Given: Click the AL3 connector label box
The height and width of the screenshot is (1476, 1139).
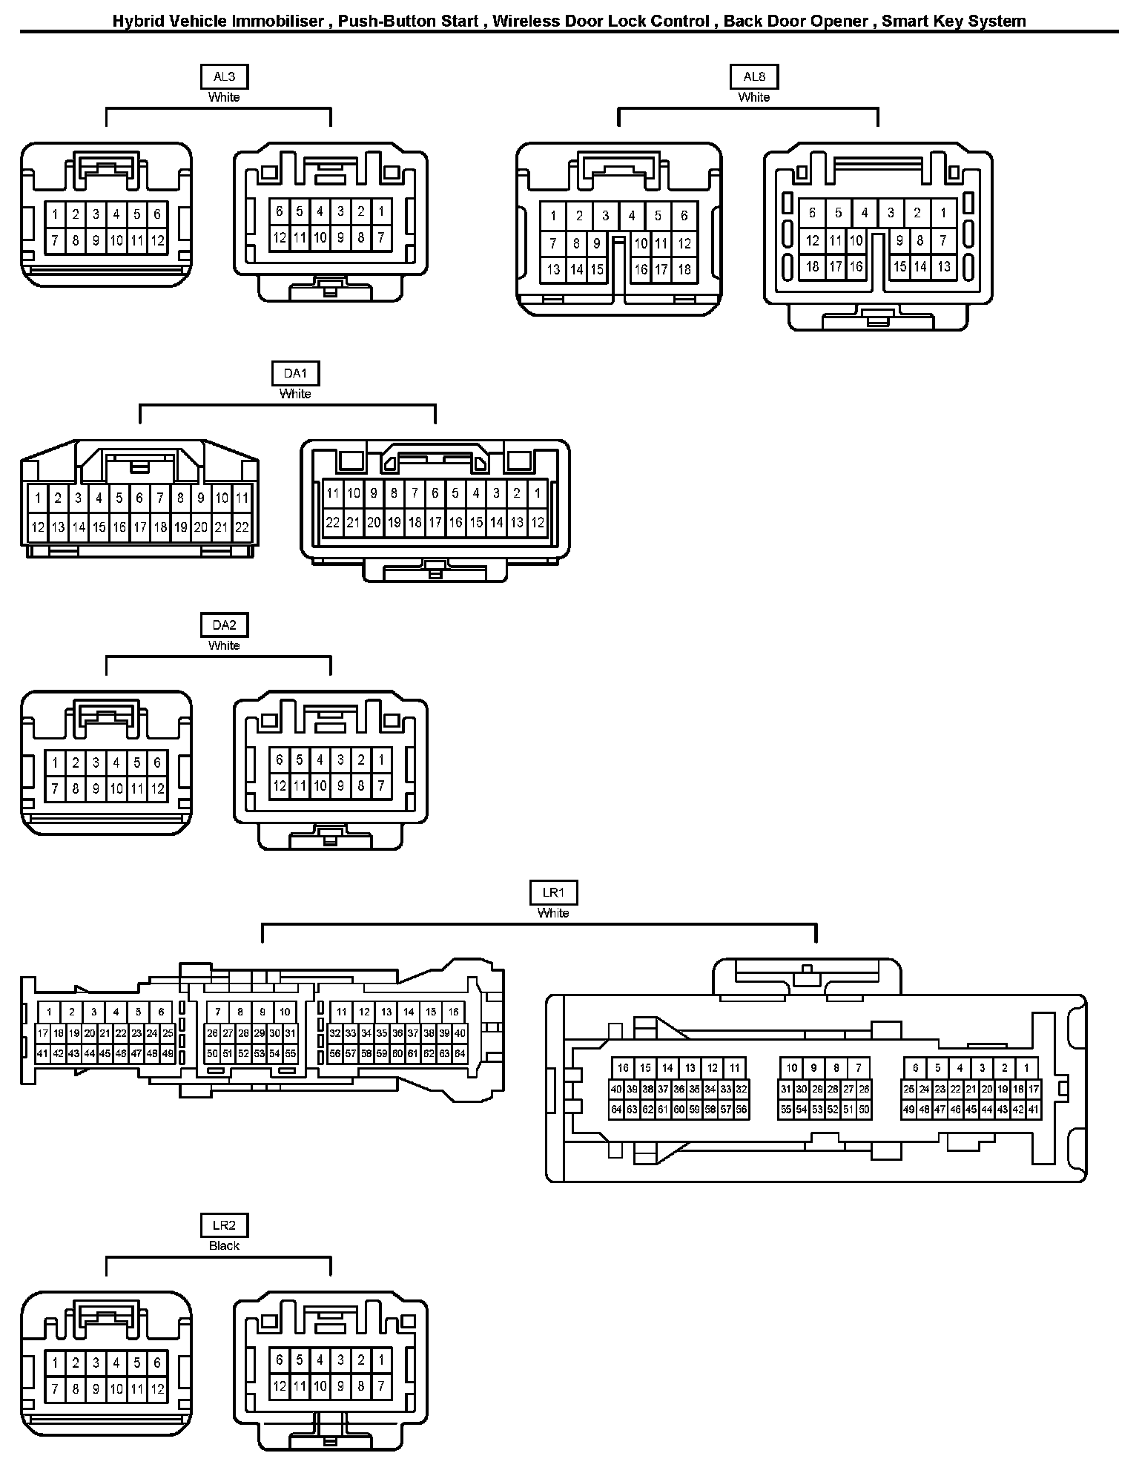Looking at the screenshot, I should [224, 76].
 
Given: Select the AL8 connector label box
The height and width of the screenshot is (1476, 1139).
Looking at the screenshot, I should [754, 76].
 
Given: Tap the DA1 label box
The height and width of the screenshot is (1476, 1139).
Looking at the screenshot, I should [295, 373].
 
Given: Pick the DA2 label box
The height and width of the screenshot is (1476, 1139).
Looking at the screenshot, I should [224, 625].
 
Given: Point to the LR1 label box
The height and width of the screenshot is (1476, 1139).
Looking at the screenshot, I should [553, 892].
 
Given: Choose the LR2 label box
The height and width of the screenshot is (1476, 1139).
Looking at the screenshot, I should [224, 1225].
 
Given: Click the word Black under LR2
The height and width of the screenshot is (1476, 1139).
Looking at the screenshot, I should [224, 1245].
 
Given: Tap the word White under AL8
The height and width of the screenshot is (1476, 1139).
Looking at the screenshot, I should [754, 97].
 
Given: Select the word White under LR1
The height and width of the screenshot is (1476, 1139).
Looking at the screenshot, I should [553, 913].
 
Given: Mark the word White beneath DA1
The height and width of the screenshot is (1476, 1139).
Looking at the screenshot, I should [295, 394].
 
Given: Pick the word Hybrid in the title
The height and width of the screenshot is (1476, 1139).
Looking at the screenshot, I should [136, 22].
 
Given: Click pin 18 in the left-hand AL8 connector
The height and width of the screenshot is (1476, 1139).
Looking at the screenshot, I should [684, 270].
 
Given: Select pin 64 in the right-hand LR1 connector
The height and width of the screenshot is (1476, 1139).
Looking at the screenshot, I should [616, 1110].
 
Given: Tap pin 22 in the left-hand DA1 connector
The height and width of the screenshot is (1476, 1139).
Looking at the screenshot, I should [242, 528].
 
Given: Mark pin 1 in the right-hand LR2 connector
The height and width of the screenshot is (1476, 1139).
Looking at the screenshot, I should [381, 1360].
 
